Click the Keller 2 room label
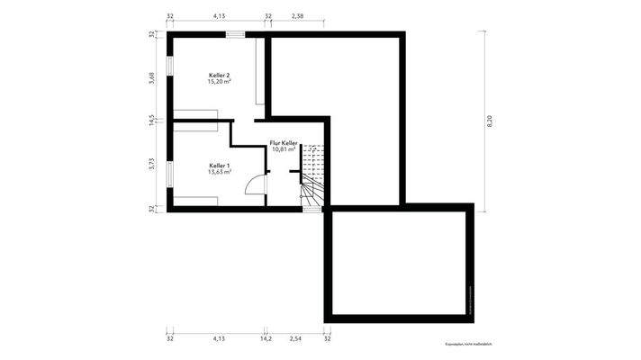coord(220,75)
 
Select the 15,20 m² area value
coord(220,82)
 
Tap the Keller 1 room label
coord(220,166)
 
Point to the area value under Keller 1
coord(220,172)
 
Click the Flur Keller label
coord(284,143)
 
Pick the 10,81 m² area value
coord(284,149)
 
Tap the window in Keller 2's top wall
coord(235,35)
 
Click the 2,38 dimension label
coord(298,16)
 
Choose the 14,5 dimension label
coord(152,120)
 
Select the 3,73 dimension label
coord(152,163)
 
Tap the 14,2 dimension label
coord(266,341)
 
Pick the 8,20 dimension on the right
coord(490,122)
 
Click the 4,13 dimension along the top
coord(219,16)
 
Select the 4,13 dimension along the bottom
coord(219,341)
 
